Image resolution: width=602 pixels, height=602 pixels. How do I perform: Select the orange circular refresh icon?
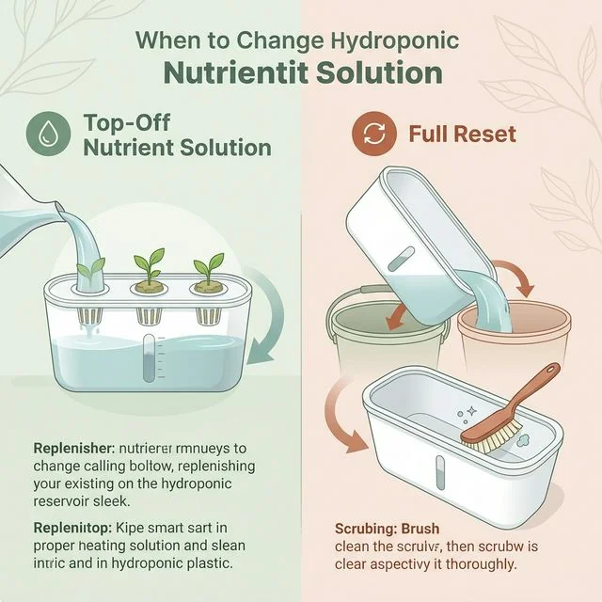[x=374, y=134]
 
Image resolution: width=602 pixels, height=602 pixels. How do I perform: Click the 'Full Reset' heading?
[x=462, y=134]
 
